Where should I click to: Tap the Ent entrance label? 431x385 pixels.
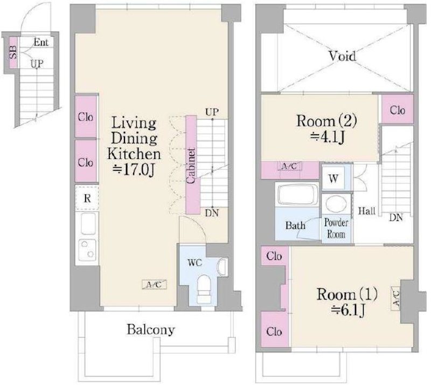pos(41,43)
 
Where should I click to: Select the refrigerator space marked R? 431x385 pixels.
pos(87,198)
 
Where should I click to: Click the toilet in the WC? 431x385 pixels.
pos(204,289)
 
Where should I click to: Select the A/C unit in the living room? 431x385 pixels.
pos(154,285)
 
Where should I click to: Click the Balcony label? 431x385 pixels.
pos(151,329)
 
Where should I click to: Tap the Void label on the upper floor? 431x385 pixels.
pos(343,56)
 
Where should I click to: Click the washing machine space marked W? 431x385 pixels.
pos(333,178)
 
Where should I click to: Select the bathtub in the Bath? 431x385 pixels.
pos(297,195)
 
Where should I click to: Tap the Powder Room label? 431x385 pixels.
pos(336,229)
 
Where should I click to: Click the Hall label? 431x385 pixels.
pos(367,211)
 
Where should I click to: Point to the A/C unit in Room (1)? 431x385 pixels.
pos(395,299)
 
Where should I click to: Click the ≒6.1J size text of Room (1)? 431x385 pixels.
pos(348,311)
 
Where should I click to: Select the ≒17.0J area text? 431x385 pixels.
pos(134,170)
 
